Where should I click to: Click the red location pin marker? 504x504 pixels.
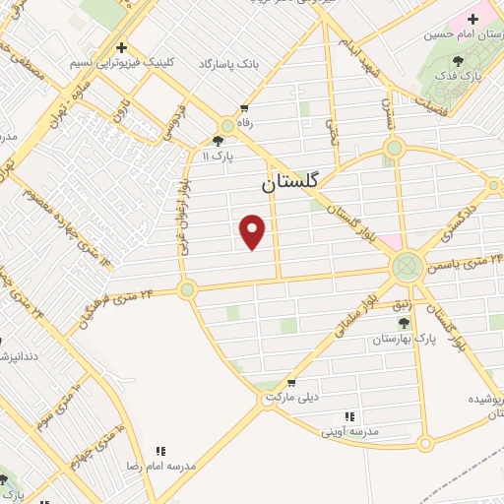[254, 232]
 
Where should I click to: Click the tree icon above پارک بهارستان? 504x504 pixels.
[402, 322]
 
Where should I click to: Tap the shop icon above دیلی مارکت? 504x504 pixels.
[290, 382]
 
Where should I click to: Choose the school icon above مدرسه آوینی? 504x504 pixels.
[350, 416]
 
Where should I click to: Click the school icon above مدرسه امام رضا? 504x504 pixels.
[160, 449]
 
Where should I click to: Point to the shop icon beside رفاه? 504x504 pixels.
[243, 109]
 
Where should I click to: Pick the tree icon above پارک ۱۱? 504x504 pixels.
[218, 141]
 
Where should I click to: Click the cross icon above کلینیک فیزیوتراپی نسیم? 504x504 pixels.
[121, 46]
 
